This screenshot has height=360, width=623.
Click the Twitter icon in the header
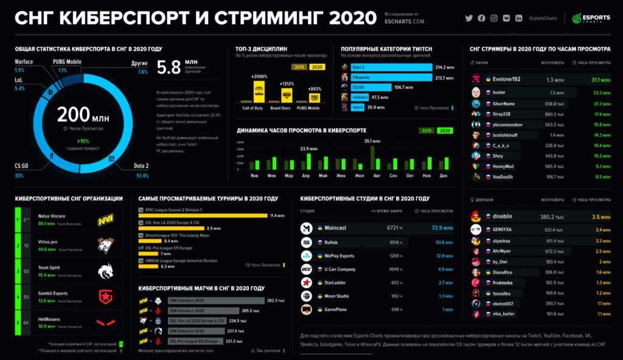tap(468, 18)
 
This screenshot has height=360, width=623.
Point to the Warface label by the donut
tap(24, 61)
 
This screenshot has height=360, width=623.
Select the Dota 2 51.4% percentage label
tap(142, 176)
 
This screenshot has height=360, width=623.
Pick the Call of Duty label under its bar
tap(251, 108)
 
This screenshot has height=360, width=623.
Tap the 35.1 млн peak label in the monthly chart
tap(372, 141)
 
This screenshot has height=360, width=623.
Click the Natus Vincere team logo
tap(106, 220)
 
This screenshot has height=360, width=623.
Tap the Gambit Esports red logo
tap(106, 297)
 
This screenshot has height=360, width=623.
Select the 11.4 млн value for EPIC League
tap(277, 215)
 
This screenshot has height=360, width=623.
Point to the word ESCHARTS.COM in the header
tap(405, 22)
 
